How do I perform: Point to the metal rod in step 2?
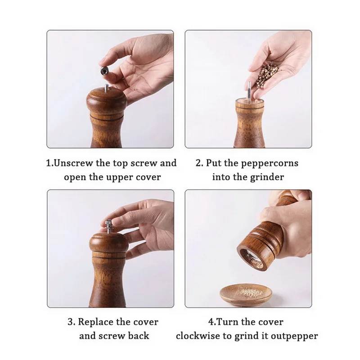[x=249, y=90]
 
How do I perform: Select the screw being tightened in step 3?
[x=108, y=226]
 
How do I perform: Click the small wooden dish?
[x=246, y=295]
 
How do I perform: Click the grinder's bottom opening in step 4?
[x=252, y=258]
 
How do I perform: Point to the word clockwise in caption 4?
[x=204, y=336]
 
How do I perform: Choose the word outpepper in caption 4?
[x=294, y=336]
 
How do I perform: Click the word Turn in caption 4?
[x=227, y=322]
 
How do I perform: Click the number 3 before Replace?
[x=70, y=322]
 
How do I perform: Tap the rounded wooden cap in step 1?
[x=107, y=101]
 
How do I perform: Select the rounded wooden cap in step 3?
[x=108, y=243]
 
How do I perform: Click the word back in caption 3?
[x=139, y=336]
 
